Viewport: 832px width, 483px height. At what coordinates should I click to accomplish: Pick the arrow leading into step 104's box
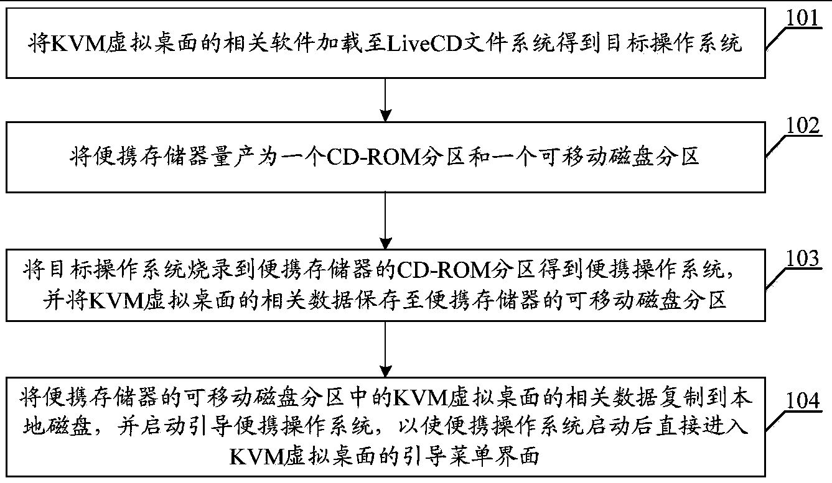click(x=386, y=349)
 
